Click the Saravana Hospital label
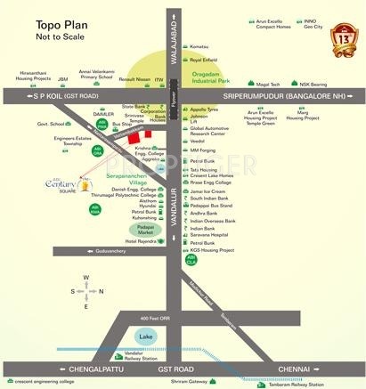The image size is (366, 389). pyautogui.click(x=209, y=234)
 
